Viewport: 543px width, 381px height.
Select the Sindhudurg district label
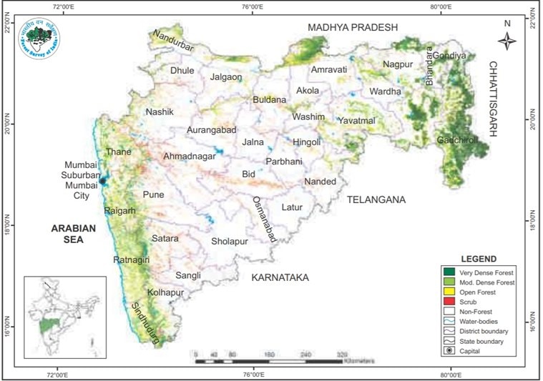coord(145,324)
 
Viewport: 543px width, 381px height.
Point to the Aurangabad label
coord(211,130)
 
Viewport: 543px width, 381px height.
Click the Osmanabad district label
coord(261,219)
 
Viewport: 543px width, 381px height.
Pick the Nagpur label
coord(398,65)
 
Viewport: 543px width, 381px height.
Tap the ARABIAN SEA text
coord(73,234)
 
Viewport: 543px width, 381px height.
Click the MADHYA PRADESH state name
coord(352,27)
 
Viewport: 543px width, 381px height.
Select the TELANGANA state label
coord(376,200)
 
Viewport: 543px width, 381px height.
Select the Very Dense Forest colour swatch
coord(449,272)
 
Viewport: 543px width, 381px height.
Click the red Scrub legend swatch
coord(449,302)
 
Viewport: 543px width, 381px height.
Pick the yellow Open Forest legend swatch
coord(449,292)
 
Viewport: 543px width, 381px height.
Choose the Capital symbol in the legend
coord(449,351)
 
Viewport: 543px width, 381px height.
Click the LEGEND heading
coord(479,259)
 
